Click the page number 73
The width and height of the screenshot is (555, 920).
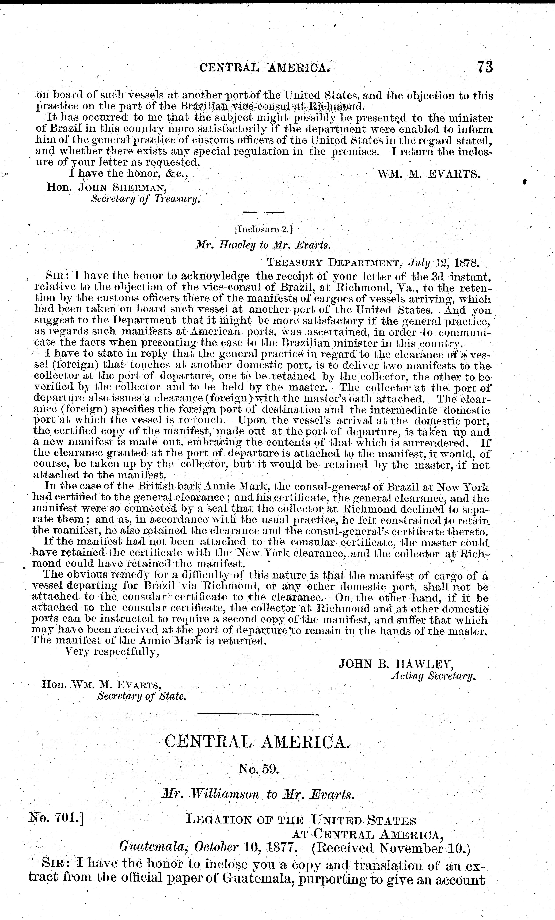pos(484,68)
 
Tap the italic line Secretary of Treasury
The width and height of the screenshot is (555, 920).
pos(146,200)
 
